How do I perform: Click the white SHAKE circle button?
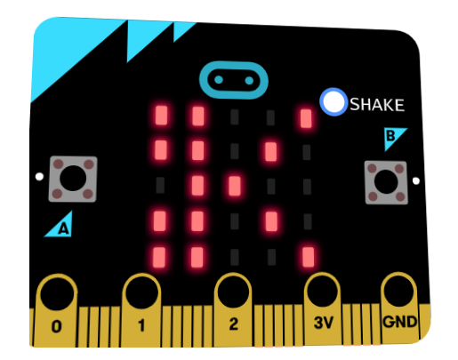[333, 101]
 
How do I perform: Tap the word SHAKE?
[377, 105]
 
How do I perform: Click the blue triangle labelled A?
[59, 224]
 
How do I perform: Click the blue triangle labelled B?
[394, 139]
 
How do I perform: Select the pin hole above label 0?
[57, 293]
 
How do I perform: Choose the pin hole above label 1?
[141, 292]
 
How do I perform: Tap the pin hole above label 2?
[233, 292]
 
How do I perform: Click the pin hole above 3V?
[322, 291]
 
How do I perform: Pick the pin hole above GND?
[398, 290]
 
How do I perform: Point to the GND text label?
[400, 322]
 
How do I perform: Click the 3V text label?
[324, 323]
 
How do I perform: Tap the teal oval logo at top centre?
[234, 80]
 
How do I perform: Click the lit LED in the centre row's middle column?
[235, 186]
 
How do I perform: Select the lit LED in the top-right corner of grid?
[306, 118]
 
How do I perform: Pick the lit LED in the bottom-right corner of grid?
[309, 257]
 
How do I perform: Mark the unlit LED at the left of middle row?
[160, 185]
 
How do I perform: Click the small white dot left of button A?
[39, 177]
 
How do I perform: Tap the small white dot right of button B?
[416, 180]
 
